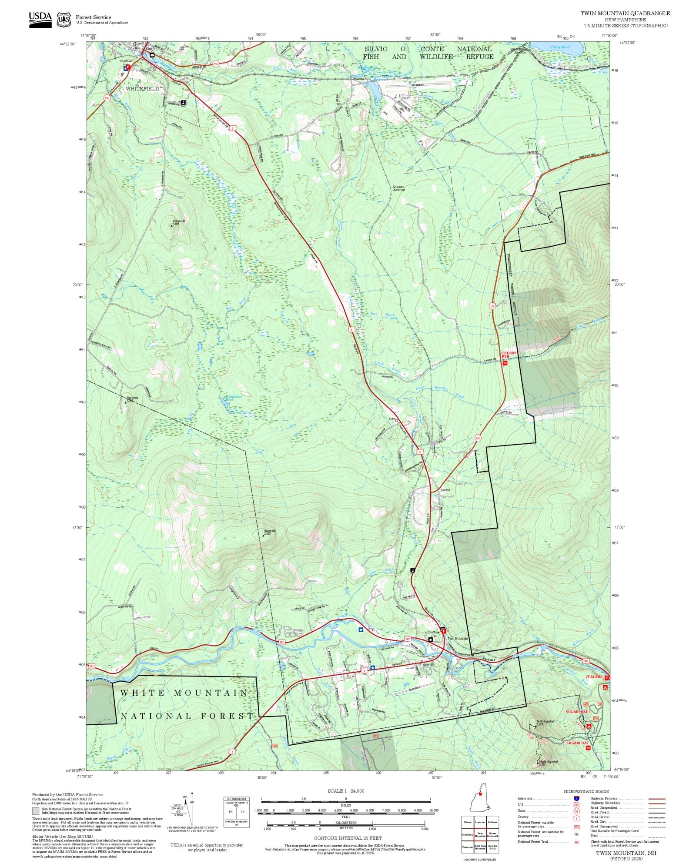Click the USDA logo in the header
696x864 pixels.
(x=40, y=20)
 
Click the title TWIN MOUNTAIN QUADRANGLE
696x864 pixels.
(x=625, y=13)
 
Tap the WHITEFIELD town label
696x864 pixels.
(x=142, y=89)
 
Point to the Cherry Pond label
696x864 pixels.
(x=559, y=47)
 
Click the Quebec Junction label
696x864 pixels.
(x=398, y=188)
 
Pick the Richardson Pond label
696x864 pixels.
(x=234, y=398)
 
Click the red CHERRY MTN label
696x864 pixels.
(x=508, y=355)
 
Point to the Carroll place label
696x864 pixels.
(x=445, y=490)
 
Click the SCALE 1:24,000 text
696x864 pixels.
(x=346, y=791)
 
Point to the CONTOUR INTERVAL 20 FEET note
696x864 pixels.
(x=348, y=838)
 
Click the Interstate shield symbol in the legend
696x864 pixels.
(x=576, y=799)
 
